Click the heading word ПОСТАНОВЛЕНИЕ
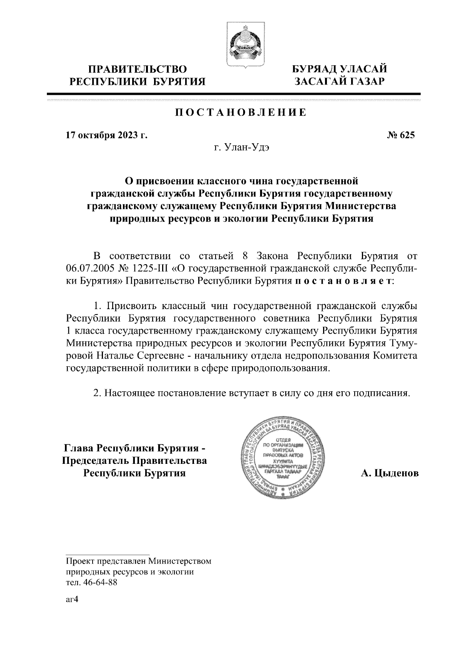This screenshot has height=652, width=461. coord(241,113)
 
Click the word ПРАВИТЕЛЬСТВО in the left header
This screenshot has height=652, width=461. coord(138,69)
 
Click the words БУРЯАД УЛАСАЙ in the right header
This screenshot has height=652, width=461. coord(339,69)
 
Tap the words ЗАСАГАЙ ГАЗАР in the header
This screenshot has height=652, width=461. coord(339,81)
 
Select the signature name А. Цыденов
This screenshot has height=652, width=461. coord(390,473)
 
